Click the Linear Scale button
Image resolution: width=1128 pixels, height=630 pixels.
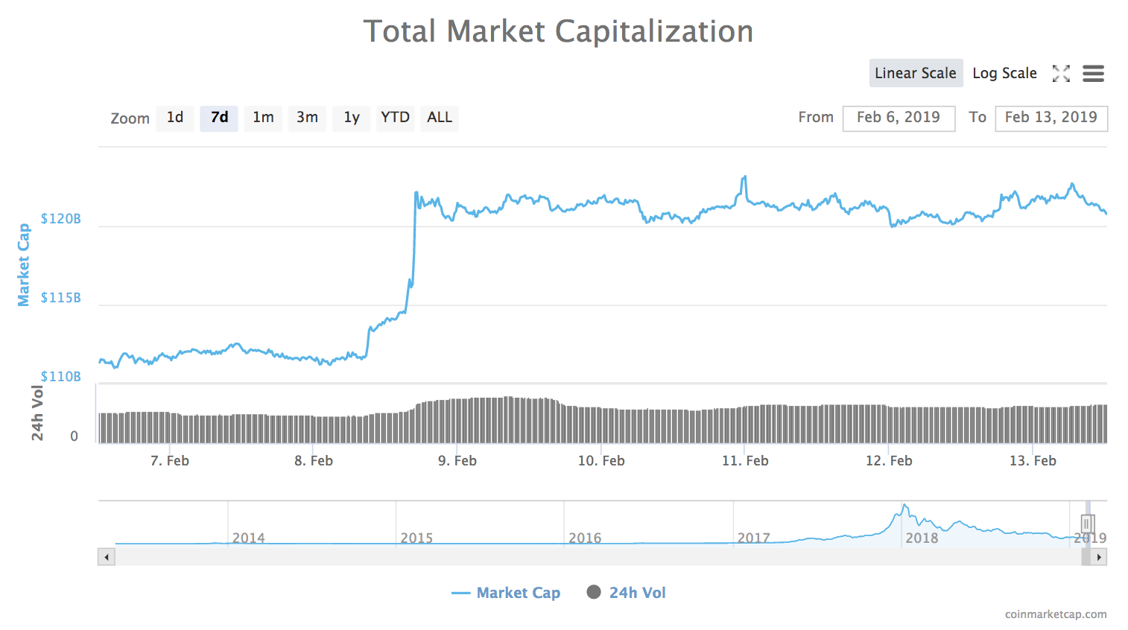916,73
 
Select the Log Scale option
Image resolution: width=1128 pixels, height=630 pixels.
1004,73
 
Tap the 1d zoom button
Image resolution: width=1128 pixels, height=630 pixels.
175,118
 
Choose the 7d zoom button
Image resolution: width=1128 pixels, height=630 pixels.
219,118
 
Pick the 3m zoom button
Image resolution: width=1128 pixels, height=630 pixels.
307,118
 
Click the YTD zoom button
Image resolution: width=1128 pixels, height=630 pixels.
395,118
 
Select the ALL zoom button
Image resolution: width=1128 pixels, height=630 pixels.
440,118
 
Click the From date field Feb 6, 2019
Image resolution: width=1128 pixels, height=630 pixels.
899,118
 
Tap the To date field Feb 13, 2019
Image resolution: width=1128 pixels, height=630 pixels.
1051,118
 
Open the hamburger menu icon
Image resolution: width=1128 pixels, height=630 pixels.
1093,73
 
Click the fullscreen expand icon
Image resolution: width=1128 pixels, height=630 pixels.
1061,73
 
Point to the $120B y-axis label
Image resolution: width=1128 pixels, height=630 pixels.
61,219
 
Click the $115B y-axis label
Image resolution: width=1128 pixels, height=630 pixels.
61,298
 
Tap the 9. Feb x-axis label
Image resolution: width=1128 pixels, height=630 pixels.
457,461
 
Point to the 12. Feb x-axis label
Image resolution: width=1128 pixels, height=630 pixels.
889,461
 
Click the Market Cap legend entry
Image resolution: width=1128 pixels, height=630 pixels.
507,593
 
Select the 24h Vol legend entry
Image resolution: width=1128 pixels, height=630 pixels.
627,593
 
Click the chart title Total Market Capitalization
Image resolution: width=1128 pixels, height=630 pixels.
558,31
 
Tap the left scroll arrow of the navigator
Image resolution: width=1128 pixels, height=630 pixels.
107,557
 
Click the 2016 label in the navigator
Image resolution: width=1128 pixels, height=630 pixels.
585,538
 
